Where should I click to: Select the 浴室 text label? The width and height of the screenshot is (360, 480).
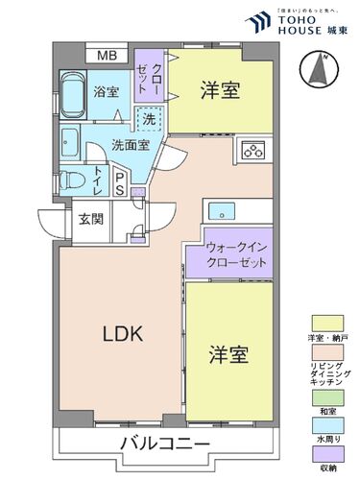pos(106,92)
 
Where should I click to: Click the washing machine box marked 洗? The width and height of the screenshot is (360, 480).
pos(149,120)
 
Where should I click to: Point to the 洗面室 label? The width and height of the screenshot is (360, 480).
pos(129,146)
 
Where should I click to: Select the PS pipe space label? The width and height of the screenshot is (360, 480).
pos(120,182)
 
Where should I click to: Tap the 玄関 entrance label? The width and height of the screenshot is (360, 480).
pos(91,217)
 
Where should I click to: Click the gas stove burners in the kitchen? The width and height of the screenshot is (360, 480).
pos(254,149)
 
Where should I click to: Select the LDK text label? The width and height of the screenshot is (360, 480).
pos(123,334)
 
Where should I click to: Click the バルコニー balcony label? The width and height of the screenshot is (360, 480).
pos(165,444)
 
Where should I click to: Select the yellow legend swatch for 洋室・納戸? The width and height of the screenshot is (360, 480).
pos(326,323)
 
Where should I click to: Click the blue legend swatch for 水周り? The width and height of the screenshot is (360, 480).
pos(326,427)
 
